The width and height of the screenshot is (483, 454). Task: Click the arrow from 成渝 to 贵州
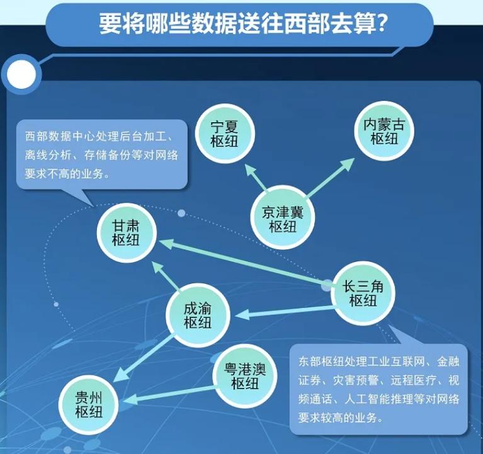(x=144, y=359)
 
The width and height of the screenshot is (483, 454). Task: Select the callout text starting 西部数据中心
(x=101, y=154)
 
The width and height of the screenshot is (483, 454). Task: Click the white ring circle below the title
(x=20, y=75)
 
